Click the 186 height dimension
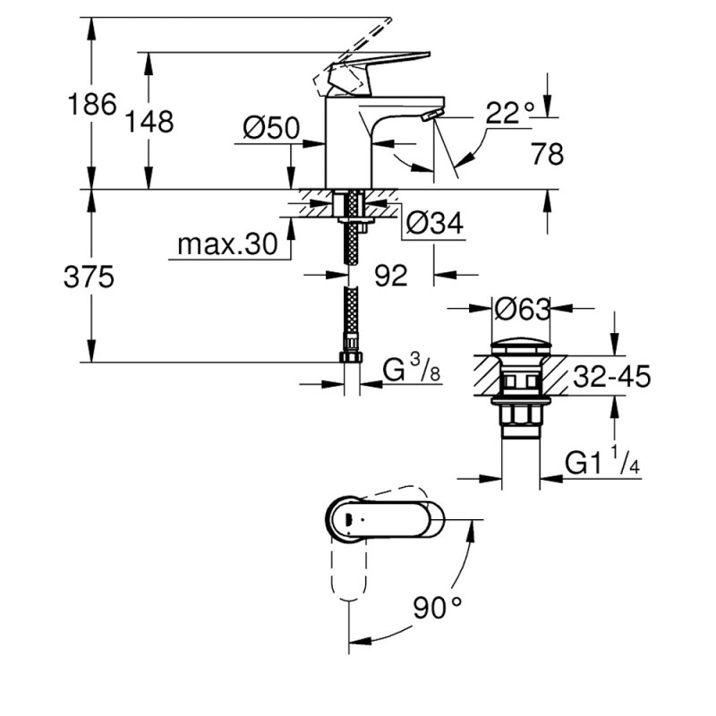click(x=93, y=105)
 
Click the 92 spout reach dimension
click(x=390, y=276)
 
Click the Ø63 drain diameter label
click(x=521, y=310)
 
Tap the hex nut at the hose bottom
click(x=352, y=358)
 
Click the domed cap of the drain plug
click(x=520, y=346)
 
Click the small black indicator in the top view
click(x=345, y=520)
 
